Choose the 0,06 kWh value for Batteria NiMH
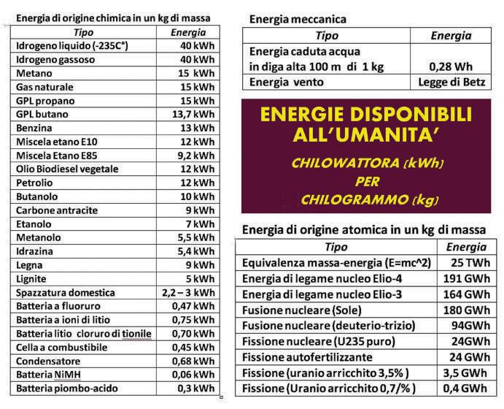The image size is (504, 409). click(x=196, y=374)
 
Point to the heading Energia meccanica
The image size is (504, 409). click(x=298, y=19)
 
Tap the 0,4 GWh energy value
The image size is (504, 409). click(x=465, y=388)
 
